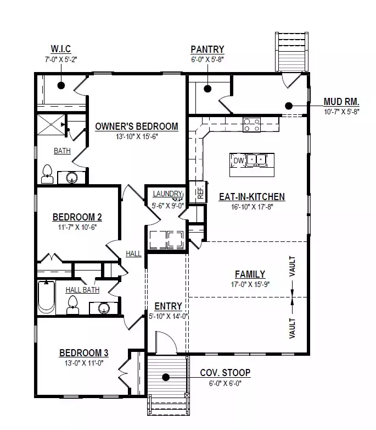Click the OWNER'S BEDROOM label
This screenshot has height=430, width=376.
[137, 126]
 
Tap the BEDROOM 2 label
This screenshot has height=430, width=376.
[77, 217]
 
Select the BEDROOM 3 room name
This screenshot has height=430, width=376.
[84, 352]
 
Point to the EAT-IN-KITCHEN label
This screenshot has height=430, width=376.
[252, 197]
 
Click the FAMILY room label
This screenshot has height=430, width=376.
[250, 274]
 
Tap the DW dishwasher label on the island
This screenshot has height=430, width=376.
[239, 161]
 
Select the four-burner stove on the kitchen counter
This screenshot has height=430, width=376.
[251, 125]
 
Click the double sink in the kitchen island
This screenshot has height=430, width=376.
[256, 160]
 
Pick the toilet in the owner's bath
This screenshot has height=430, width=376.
[47, 174]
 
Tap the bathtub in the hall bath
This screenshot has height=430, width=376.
[46, 297]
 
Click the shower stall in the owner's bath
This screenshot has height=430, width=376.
[51, 125]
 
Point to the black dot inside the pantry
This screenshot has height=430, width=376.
[207, 89]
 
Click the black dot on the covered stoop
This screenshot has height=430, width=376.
[166, 377]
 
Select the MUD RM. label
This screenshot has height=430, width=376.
[341, 102]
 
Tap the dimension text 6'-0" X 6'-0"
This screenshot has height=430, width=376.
[225, 383]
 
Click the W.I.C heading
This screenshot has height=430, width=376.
[61, 49]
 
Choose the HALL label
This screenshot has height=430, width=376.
[133, 253]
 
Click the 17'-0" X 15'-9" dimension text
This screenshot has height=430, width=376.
[250, 284]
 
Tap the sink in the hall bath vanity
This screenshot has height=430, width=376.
[104, 307]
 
